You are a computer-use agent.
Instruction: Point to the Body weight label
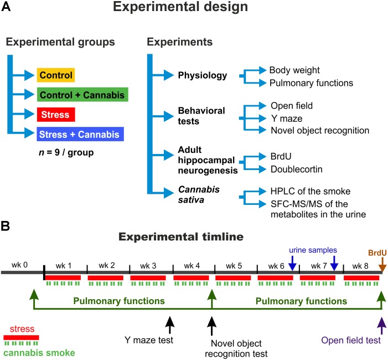point(295,71)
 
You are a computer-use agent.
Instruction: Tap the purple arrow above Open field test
point(381,323)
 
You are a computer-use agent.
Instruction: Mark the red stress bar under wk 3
point(148,277)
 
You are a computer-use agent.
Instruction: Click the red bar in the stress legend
point(21,337)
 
